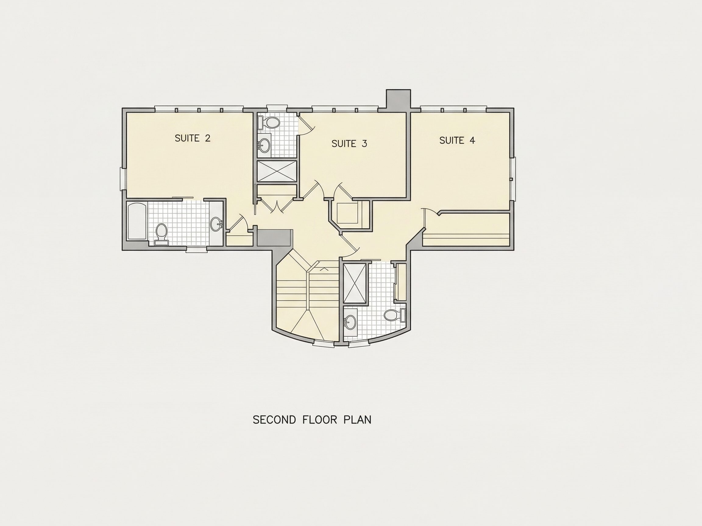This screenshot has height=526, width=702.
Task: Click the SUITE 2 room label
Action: (193, 138)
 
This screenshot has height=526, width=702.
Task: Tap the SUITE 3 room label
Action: (349, 144)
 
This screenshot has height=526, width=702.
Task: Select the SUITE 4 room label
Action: (457, 140)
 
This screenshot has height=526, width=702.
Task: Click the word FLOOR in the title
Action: (320, 420)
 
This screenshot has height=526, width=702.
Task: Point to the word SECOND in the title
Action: (275, 420)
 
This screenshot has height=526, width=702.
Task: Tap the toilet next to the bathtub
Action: (161, 234)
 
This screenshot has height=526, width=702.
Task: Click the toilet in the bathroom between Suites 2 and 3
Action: (268, 123)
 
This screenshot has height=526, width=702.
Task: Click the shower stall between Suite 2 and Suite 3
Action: (277, 171)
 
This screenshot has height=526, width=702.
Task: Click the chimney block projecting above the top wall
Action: (398, 100)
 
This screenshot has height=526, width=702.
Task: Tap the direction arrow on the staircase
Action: (324, 269)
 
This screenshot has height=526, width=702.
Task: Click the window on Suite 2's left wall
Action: (123, 179)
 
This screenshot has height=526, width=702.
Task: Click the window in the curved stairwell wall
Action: (323, 344)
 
